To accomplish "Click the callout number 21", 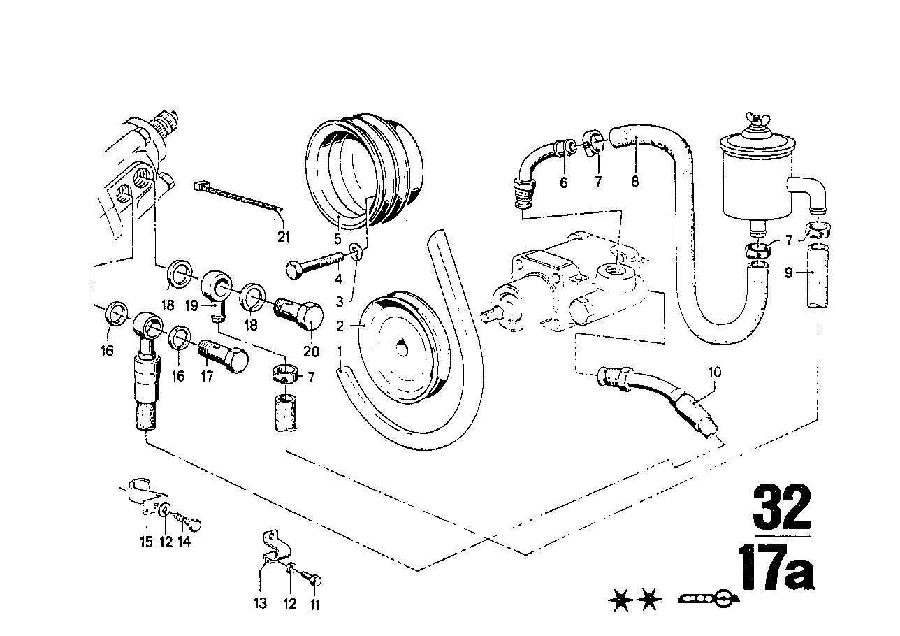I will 283,236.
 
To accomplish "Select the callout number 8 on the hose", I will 634,182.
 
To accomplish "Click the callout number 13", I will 261,603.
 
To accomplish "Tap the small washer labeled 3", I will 356,252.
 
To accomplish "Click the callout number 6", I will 564,182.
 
